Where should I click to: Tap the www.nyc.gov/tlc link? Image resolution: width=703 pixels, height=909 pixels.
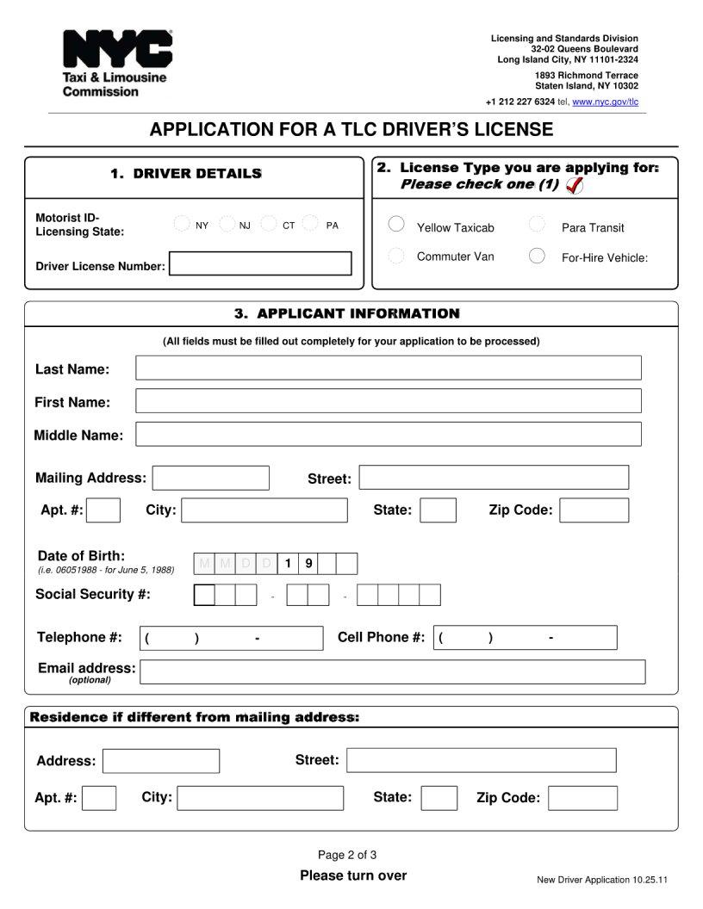606,102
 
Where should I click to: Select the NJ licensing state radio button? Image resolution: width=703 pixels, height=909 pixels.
227,225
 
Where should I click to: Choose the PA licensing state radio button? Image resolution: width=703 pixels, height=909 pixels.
311,225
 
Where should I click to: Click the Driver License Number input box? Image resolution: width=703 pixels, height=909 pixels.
260,263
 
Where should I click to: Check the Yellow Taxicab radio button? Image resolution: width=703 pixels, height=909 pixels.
396,225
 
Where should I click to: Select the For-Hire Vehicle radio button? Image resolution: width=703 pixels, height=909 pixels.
537,256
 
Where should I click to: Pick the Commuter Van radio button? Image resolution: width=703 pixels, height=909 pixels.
396,256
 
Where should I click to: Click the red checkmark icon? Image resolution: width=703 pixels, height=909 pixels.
575,185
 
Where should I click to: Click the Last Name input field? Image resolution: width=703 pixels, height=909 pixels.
388,368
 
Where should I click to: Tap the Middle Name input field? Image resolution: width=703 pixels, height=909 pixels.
388,434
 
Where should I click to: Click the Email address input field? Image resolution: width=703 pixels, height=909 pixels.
392,672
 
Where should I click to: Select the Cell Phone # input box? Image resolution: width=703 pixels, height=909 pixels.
525,638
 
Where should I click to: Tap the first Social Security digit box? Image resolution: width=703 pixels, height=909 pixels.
204,595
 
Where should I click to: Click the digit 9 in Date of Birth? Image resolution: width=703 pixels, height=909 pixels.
308,564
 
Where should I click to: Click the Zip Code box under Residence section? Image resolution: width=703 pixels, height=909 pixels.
582,798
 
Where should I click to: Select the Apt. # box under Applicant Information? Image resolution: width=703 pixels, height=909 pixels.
103,510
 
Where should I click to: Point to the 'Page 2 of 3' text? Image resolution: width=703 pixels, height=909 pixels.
347,855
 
